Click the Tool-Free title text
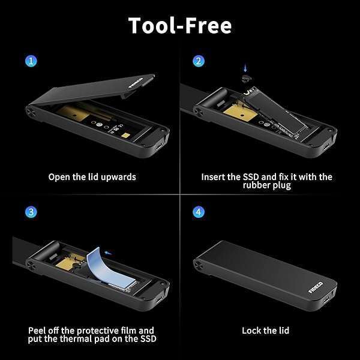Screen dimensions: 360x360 coord(180,25)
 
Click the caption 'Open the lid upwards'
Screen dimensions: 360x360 coord(92,177)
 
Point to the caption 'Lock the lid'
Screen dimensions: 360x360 coord(266,330)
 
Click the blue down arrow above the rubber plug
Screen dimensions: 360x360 coord(244,69)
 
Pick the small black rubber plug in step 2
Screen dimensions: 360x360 coord(245,79)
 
